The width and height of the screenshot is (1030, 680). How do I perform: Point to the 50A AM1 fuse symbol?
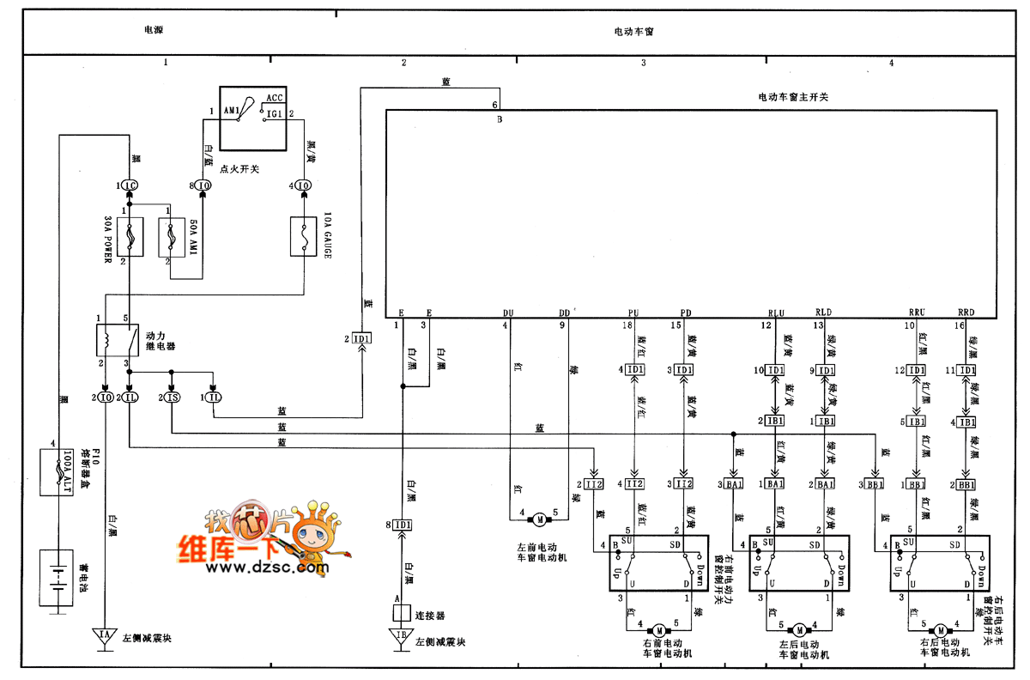(x=172, y=233)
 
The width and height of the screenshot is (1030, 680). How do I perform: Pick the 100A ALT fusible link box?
(x=58, y=471)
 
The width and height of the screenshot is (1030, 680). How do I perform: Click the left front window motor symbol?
(x=539, y=519)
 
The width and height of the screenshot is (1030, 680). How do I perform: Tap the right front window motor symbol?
(x=659, y=630)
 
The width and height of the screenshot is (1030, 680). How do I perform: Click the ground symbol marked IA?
(x=106, y=636)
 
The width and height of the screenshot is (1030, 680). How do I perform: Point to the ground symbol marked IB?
(x=400, y=636)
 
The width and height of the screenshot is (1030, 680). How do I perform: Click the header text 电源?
(x=154, y=30)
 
